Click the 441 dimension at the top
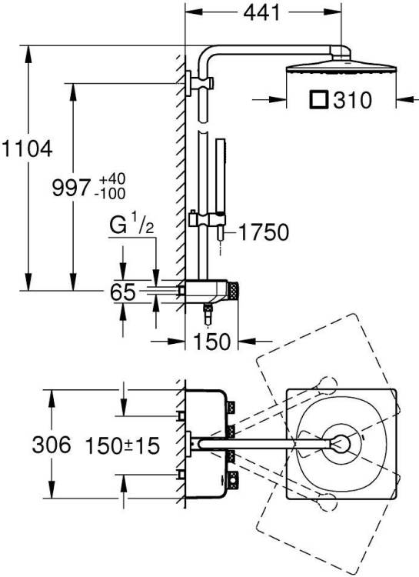(262, 13)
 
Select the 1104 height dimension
(27, 149)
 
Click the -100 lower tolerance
(110, 194)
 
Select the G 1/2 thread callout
(131, 225)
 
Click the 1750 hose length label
(264, 232)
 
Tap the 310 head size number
(352, 100)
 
